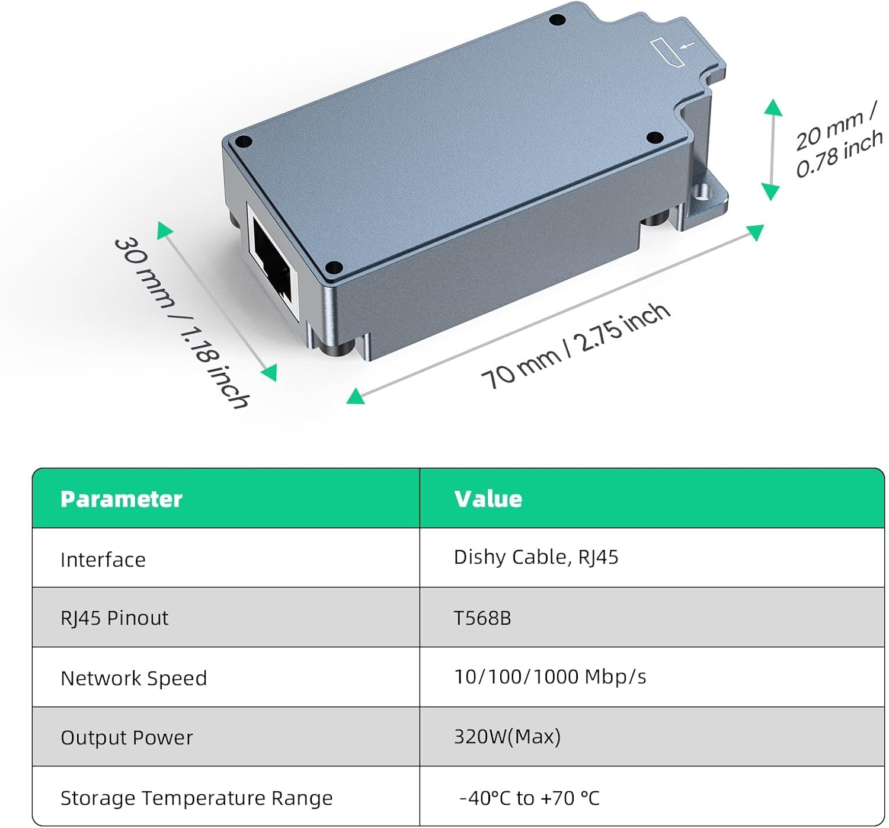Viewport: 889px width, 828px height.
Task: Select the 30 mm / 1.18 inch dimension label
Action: click(181, 323)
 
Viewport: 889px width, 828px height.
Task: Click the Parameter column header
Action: click(121, 499)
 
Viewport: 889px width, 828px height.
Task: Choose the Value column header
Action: click(488, 499)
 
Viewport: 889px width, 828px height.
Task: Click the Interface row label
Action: click(103, 560)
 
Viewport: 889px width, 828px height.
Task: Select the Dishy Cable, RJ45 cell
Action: click(536, 558)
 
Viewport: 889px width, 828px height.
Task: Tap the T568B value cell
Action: click(482, 618)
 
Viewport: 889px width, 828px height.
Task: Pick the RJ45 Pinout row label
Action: click(114, 618)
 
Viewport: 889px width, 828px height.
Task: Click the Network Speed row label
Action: click(134, 678)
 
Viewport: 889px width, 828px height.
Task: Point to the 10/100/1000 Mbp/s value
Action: click(550, 677)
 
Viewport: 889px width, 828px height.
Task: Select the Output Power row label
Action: click(127, 737)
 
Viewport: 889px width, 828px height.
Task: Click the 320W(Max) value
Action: click(507, 737)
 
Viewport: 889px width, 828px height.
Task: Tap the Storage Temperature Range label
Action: click(197, 798)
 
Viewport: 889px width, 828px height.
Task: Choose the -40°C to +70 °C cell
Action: click(530, 798)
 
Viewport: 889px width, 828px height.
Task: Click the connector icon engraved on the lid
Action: click(667, 53)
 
